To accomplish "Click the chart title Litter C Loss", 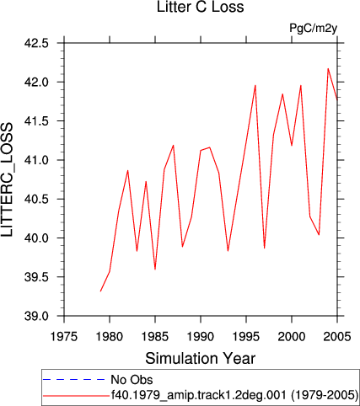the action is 200,7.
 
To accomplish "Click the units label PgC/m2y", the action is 313,29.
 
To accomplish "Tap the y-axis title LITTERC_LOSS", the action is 7,179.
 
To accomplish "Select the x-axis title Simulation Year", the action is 200,359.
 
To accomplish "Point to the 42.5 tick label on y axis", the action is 36,43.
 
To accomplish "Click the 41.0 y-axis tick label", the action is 36,160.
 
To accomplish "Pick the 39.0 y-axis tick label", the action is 36,316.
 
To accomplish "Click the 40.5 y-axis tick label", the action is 36,199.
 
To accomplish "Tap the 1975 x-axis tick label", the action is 64,336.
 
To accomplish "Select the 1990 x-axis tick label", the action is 201,336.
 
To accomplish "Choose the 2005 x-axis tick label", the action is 337,336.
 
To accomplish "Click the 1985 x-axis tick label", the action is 155,336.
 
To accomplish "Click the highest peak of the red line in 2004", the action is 328,68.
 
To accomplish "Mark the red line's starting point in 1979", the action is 100,291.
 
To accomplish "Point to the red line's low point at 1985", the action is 155,270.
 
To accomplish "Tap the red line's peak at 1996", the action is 255,85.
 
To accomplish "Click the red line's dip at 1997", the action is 265,248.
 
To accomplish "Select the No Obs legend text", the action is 132,380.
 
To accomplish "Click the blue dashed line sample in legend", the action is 74,380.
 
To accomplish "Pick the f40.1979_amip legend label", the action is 234,395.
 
